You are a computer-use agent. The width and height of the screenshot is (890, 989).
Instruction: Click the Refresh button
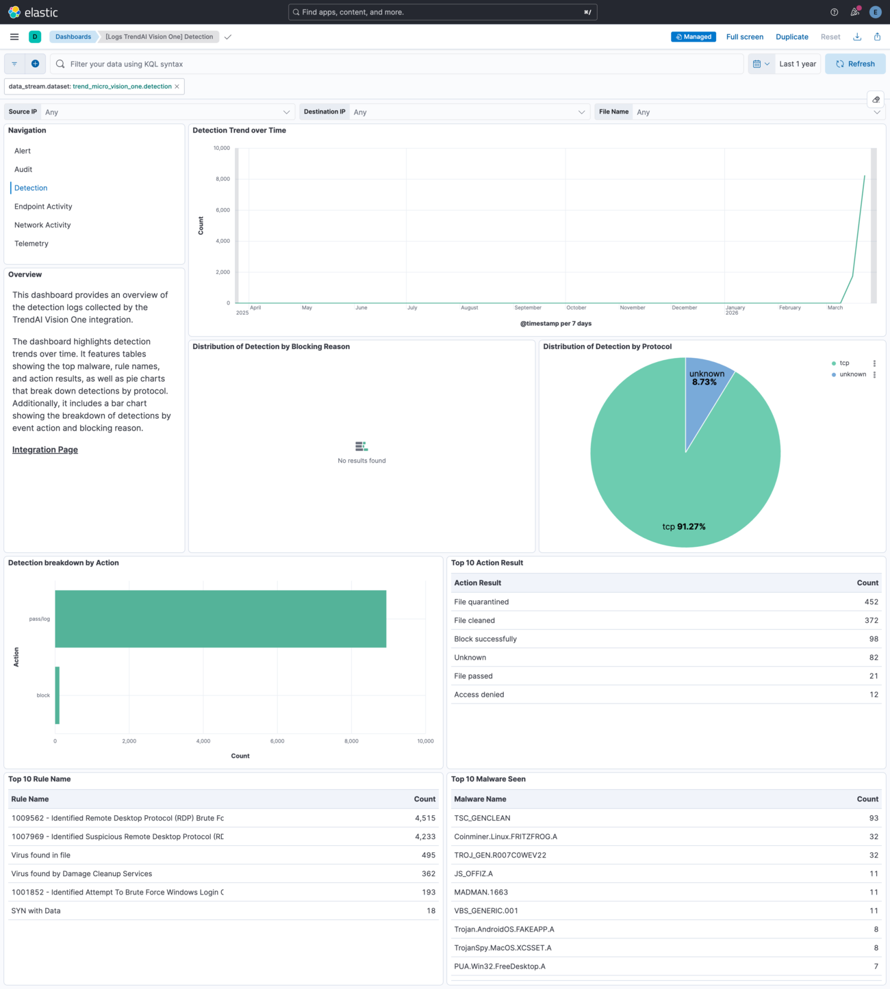click(855, 64)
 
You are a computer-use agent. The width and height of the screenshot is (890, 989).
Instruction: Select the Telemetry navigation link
click(31, 244)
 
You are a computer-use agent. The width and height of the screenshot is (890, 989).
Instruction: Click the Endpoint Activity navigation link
click(43, 207)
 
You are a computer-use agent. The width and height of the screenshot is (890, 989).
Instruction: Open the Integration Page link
click(45, 450)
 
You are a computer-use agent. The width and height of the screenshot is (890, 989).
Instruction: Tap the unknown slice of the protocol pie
click(707, 390)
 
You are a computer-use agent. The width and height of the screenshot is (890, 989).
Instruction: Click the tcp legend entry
click(844, 363)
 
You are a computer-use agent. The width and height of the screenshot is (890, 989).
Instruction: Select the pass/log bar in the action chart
click(220, 619)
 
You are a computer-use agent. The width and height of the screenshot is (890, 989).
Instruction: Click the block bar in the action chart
click(58, 695)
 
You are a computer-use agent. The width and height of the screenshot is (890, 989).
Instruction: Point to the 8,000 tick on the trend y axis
click(222, 179)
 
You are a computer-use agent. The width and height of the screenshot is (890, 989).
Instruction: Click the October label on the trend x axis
click(576, 308)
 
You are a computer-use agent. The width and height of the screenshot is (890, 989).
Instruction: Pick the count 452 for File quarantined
click(871, 602)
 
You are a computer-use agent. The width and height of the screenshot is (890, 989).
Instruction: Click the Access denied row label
click(479, 695)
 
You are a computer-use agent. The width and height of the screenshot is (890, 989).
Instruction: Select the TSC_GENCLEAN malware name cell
click(482, 818)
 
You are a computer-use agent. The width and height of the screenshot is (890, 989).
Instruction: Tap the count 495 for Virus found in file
click(429, 856)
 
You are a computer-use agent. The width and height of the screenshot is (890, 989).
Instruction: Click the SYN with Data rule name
click(36, 911)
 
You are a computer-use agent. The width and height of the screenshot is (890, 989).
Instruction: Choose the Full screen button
click(744, 37)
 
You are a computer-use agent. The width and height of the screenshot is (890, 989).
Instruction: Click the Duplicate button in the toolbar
click(791, 37)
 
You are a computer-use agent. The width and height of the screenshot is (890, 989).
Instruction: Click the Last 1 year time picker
click(798, 64)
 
